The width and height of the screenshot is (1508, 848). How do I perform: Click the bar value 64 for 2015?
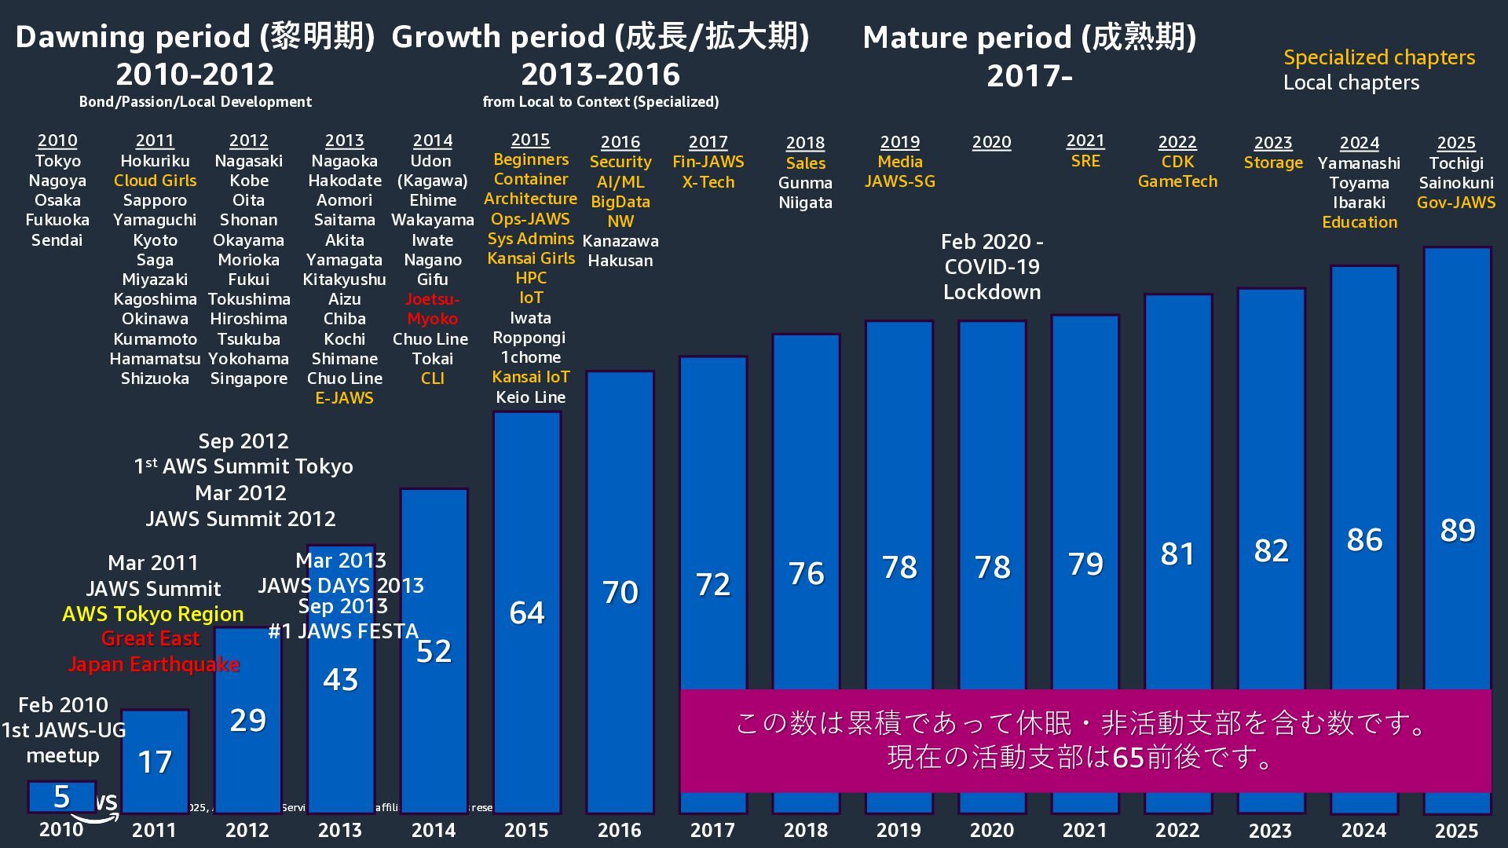pyautogui.click(x=527, y=613)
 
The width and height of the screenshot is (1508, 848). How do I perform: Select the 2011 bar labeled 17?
pyautogui.click(x=155, y=762)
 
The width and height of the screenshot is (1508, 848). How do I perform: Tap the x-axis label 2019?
pyautogui.click(x=899, y=830)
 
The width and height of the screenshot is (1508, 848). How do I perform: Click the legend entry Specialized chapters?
pyautogui.click(x=1378, y=57)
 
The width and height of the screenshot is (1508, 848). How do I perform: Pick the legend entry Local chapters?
pyautogui.click(x=1351, y=82)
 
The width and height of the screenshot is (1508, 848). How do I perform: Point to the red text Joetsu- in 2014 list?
pyautogui.click(x=432, y=299)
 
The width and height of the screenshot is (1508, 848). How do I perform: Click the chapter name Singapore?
pyautogui.click(x=248, y=378)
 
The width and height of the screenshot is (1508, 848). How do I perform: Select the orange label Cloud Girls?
pyautogui.click(x=155, y=181)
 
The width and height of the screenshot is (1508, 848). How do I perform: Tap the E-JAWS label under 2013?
pyautogui.click(x=344, y=398)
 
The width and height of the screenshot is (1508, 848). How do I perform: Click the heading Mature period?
pyautogui.click(x=1029, y=37)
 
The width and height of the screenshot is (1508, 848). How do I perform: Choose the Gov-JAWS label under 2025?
pyautogui.click(x=1455, y=203)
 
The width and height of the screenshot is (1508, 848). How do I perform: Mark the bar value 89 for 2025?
pyautogui.click(x=1457, y=531)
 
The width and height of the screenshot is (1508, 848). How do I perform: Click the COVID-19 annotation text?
pyautogui.click(x=991, y=267)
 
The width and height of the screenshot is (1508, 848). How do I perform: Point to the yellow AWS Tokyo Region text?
pyautogui.click(x=152, y=614)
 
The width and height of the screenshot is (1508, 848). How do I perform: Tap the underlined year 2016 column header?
pyautogui.click(x=620, y=142)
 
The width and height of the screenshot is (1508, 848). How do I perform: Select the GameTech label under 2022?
pyautogui.click(x=1177, y=181)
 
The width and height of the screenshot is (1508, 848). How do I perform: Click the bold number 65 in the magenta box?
pyautogui.click(x=1128, y=758)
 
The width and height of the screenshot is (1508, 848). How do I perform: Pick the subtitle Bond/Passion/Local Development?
pyautogui.click(x=195, y=102)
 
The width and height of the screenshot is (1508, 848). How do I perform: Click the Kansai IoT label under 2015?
pyautogui.click(x=530, y=377)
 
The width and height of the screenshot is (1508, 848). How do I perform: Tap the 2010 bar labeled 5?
pyautogui.click(x=61, y=797)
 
